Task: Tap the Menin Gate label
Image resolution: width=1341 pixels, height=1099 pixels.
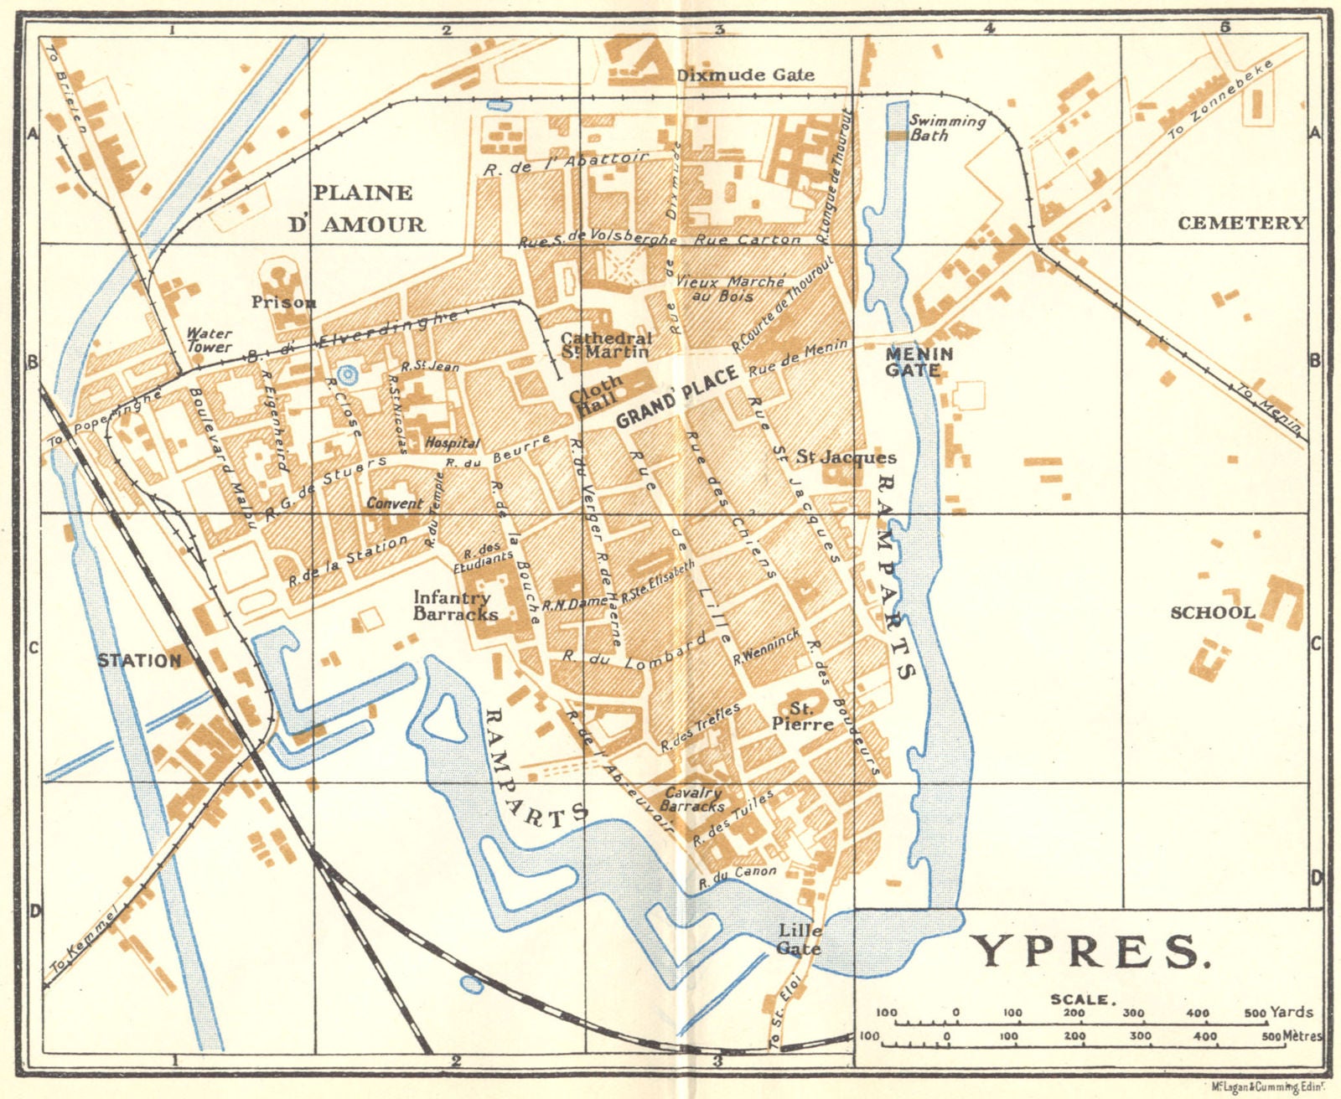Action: tap(919, 362)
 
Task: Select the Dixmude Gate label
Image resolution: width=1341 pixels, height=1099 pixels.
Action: tap(745, 75)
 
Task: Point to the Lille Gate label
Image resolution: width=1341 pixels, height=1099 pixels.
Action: tap(800, 939)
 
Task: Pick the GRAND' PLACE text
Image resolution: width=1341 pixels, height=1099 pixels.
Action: tap(678, 396)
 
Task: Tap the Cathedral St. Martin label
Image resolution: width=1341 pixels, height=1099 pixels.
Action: tap(606, 344)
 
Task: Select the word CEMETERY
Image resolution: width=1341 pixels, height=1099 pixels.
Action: tap(1241, 223)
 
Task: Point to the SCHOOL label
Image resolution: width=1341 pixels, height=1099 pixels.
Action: tap(1212, 612)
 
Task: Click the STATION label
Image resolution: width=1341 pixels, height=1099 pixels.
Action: tap(139, 660)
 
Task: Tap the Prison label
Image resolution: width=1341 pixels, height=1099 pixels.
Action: tap(283, 302)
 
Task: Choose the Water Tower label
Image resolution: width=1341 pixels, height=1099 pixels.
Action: tap(209, 339)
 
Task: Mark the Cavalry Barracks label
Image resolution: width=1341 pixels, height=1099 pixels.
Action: tap(692, 799)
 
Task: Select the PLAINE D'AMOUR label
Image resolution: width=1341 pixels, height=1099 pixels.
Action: tap(367, 208)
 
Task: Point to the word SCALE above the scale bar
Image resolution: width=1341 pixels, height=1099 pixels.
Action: tap(1080, 999)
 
